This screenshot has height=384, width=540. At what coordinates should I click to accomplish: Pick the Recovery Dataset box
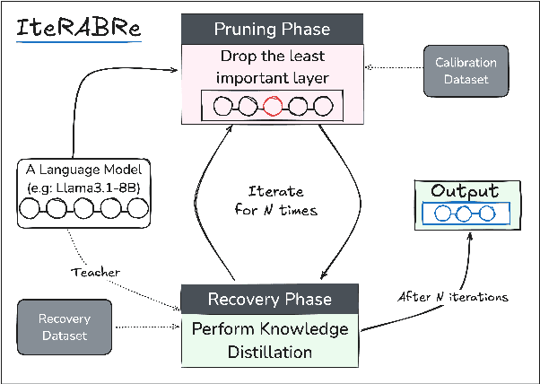[65, 327]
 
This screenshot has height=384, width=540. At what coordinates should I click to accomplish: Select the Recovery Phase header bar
[269, 299]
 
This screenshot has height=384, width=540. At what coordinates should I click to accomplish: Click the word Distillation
[270, 351]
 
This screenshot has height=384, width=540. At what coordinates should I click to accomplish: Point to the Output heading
[464, 191]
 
